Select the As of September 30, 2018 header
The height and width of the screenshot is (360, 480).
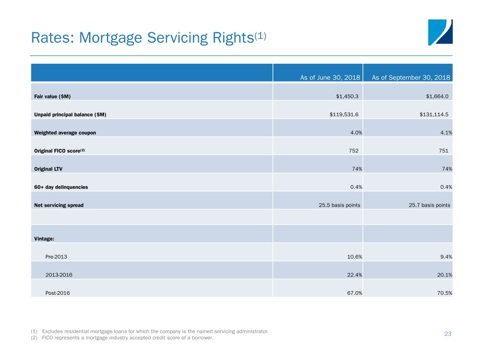pyautogui.click(x=411, y=78)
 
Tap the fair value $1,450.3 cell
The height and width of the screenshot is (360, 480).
pyautogui.click(x=346, y=97)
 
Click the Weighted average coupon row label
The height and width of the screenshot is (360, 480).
pyautogui.click(x=65, y=133)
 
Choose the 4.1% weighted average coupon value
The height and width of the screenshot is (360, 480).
pyautogui.click(x=446, y=133)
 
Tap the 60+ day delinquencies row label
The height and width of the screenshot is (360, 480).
pyautogui.click(x=61, y=187)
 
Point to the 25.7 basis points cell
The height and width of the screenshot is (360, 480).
pyautogui.click(x=429, y=205)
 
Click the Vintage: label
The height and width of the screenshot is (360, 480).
pyautogui.click(x=44, y=239)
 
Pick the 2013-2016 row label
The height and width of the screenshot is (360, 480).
pyautogui.click(x=59, y=275)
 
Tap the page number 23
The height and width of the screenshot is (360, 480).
pyautogui.click(x=447, y=334)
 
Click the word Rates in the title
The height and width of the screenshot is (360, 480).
pyautogui.click(x=48, y=37)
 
